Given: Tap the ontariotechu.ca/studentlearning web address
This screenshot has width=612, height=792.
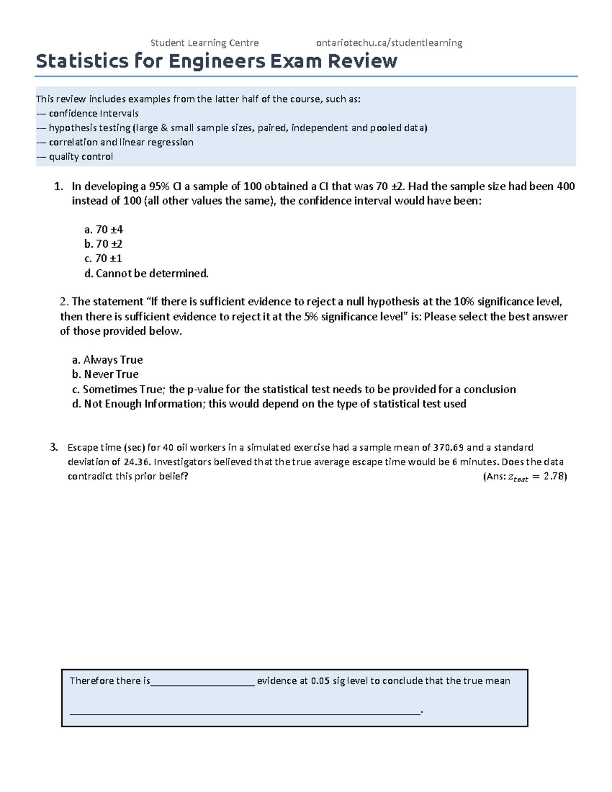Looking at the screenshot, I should [389, 43].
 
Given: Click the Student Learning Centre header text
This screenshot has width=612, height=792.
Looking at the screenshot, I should [205, 43].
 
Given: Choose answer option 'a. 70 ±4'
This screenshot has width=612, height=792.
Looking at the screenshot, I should [104, 229].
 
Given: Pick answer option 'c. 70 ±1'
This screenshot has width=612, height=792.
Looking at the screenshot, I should [103, 259].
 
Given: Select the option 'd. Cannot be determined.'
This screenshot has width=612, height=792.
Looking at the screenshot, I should [146, 273].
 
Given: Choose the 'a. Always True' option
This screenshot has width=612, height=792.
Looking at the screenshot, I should [107, 360].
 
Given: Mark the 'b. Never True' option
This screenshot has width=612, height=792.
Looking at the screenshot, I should [105, 374].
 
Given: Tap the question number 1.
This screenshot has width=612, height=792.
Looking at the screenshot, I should [58, 187].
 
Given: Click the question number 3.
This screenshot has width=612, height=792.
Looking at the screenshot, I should [54, 447].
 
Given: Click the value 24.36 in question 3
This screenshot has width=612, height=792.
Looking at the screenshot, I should [136, 462].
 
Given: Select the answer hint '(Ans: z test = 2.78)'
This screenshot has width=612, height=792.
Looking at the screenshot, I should [524, 477].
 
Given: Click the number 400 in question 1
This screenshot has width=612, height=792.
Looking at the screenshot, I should [565, 187].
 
